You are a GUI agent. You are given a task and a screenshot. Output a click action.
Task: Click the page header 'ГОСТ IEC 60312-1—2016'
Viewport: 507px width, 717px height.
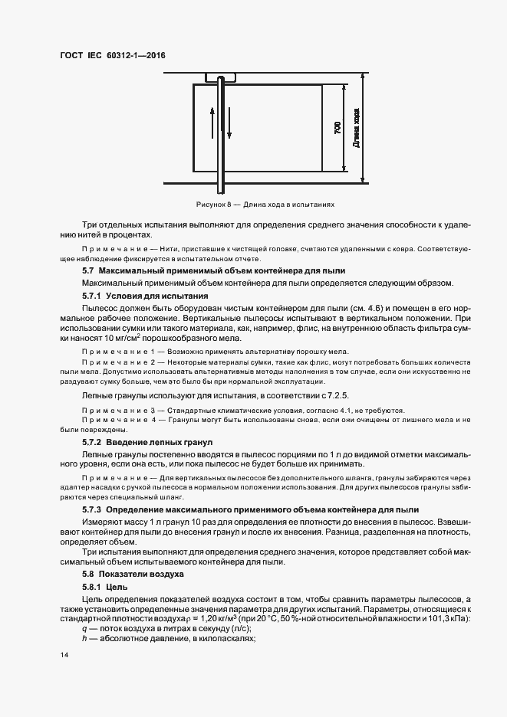point(112,56)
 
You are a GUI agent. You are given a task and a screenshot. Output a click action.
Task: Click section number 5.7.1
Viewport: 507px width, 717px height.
point(91,295)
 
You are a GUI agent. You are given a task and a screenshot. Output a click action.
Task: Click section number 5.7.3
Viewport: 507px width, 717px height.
point(91,509)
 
